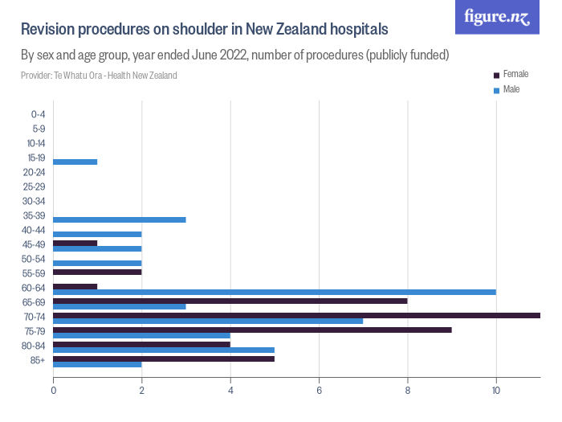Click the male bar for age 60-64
pos(275,292)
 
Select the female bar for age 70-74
pos(296,315)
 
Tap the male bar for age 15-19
pos(75,162)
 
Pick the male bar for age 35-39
pos(120,219)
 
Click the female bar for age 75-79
pos(252,330)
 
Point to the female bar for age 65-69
pos(230,301)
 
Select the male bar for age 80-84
pos(164,350)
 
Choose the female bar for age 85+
pos(164,358)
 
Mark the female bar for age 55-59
pos(97,272)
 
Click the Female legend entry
pos(511,74)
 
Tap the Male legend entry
pos(507,89)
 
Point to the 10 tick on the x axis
pos(496,391)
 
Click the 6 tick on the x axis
pos(320,391)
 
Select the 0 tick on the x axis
pos(54,391)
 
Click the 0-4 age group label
pos(38,114)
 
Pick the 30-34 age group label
pos(34,201)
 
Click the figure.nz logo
pos(497,17)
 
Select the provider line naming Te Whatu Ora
pos(99,76)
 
